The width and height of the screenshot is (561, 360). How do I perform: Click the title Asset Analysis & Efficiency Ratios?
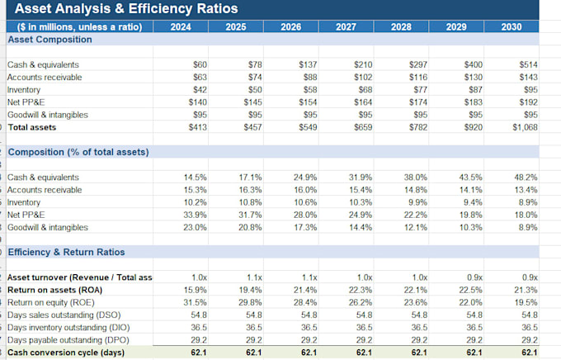(126, 8)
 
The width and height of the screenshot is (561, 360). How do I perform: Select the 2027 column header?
(346, 27)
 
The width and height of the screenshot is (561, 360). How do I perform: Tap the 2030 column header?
(511, 27)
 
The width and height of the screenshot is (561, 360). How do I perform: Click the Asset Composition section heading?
(49, 40)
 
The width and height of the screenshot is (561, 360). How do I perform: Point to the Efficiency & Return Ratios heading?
(66, 252)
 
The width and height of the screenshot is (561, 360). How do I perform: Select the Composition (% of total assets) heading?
(78, 152)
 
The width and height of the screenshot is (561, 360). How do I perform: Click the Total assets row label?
(32, 127)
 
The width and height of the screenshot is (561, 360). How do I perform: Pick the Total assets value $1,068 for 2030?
(525, 127)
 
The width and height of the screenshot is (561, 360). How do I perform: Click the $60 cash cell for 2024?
(200, 65)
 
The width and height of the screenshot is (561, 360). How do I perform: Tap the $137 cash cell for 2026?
(308, 65)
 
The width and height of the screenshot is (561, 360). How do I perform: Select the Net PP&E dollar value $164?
(363, 102)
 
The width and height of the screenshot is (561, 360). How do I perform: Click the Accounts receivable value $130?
(474, 78)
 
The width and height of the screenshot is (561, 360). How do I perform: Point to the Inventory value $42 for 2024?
(200, 90)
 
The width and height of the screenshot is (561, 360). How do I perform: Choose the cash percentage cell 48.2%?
(526, 178)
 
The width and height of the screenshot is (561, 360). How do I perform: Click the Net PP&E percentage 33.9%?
(195, 215)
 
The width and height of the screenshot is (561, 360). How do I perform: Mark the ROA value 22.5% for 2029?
(471, 290)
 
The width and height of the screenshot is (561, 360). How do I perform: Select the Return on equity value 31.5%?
(195, 303)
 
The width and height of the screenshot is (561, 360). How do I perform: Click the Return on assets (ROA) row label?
(54, 290)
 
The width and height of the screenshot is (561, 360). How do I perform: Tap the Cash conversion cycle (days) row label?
(66, 353)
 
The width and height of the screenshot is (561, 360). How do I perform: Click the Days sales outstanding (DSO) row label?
(64, 315)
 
